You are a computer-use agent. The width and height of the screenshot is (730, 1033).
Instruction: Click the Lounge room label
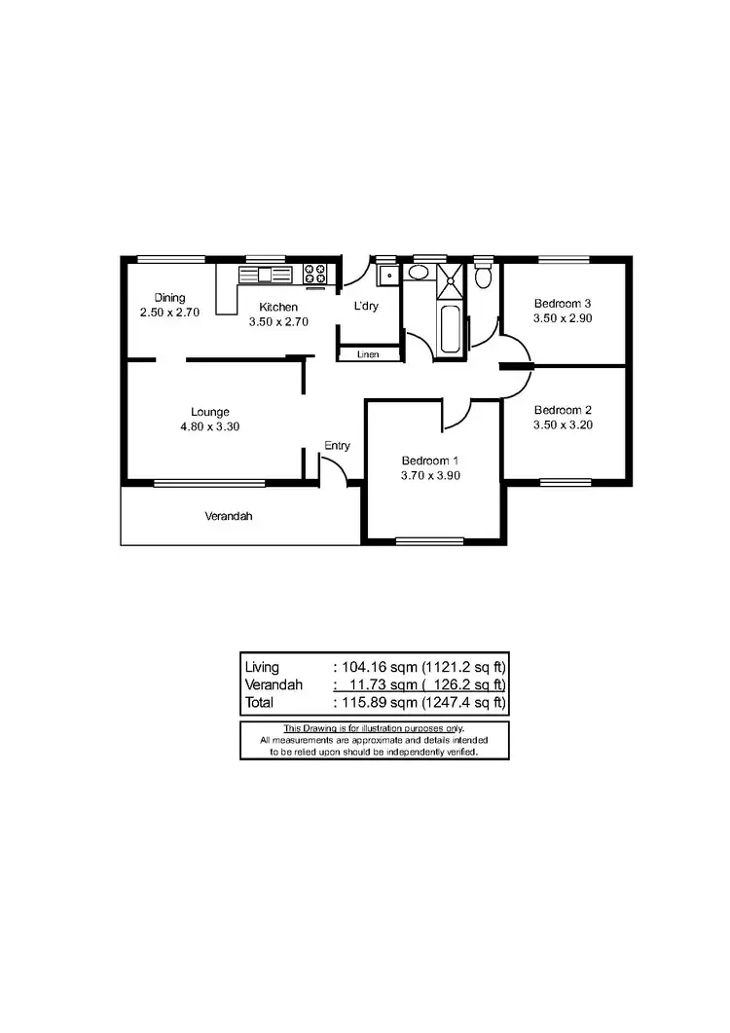(x=209, y=412)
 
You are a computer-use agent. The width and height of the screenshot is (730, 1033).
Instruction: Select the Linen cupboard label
(x=368, y=354)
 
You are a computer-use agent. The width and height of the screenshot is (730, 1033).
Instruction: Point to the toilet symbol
(x=483, y=277)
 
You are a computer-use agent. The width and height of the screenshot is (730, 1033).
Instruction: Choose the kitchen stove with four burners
(x=314, y=274)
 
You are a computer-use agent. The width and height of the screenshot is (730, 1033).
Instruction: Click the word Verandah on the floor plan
(x=228, y=516)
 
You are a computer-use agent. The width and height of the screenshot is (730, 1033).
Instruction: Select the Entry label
(x=337, y=446)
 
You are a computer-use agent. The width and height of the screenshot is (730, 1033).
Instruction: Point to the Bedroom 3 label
(x=563, y=303)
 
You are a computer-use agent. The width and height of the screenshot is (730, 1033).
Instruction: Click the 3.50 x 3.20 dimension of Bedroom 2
(x=563, y=424)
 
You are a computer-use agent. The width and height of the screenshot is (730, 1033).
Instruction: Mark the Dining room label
(x=170, y=298)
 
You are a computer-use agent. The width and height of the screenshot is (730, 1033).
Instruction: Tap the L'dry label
(x=365, y=307)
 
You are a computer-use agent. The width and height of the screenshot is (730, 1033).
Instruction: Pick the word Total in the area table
(x=260, y=702)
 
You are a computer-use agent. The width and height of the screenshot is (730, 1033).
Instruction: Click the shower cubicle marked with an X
(x=452, y=279)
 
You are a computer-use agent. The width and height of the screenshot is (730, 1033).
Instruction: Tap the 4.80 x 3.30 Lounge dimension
(x=209, y=426)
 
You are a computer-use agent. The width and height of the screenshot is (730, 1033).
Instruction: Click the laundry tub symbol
(x=387, y=274)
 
